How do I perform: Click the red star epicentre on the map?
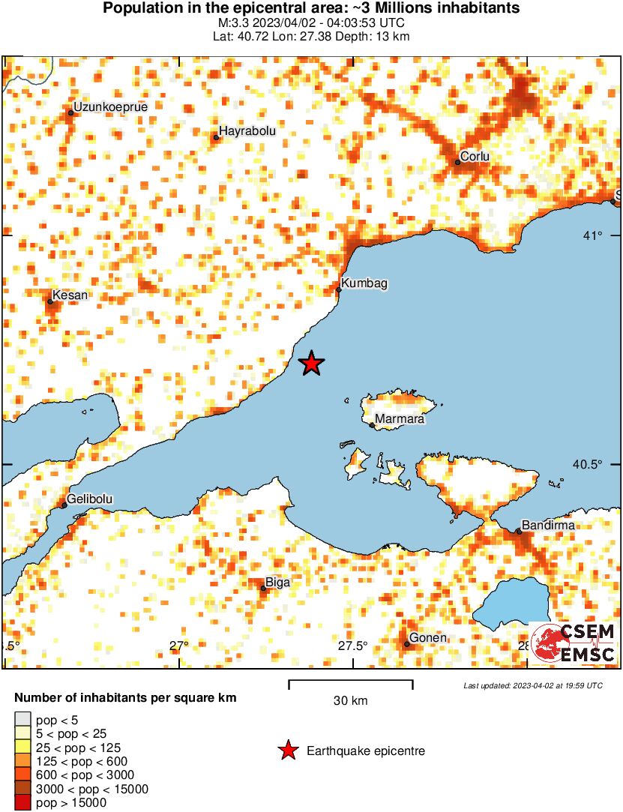tap(311, 364)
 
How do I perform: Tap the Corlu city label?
tap(475, 156)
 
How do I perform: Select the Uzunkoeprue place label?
tap(110, 106)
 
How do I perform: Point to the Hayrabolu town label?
tap(247, 130)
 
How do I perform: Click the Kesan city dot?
tap(50, 301)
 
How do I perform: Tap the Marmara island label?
tap(399, 419)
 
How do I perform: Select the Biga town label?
tap(278, 582)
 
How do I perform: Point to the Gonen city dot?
tap(407, 643)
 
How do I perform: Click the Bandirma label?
tap(548, 525)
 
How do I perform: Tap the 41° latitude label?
tap(593, 237)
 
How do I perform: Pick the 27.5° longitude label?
tap(352, 646)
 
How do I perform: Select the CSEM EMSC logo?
tap(573, 643)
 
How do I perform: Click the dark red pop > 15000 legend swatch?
tap(22, 803)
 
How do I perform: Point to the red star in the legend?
tap(287, 751)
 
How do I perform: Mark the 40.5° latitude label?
tap(588, 464)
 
